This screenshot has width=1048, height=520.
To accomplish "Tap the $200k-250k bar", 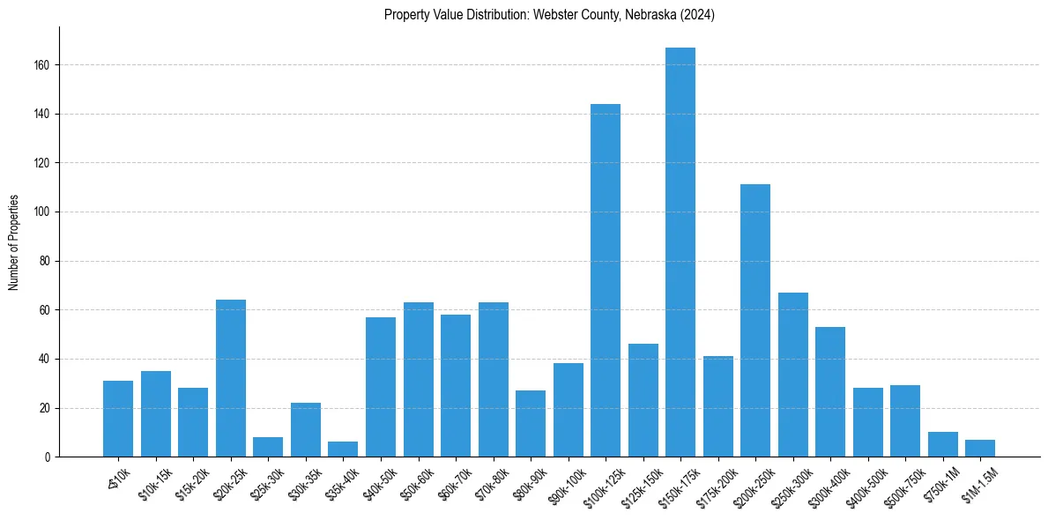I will click(755, 321).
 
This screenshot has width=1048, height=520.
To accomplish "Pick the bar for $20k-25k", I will click(231, 378).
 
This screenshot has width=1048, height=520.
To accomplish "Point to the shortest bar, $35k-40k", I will click(343, 449).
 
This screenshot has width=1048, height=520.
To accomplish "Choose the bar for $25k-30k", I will click(268, 447).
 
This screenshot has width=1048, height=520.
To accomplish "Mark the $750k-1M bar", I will click(943, 445).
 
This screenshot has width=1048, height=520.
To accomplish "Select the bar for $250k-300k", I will click(793, 375).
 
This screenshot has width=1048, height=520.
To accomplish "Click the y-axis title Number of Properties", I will click(14, 242).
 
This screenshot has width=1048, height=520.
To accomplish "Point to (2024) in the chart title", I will click(697, 15).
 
